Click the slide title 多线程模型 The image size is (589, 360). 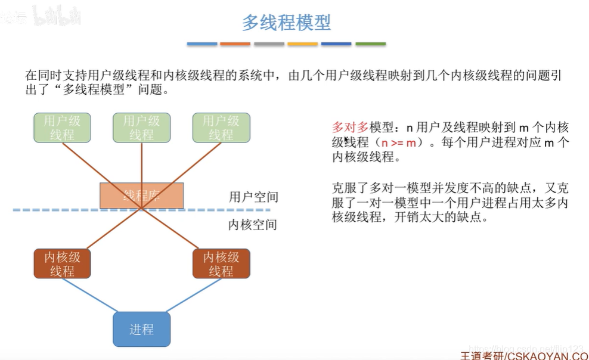pos(286,23)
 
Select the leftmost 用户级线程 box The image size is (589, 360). pos(62,128)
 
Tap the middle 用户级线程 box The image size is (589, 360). pos(141,128)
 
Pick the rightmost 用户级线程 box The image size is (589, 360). pos(221,128)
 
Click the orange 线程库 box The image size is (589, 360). pos(141,195)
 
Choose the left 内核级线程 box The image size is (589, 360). pos(62,264)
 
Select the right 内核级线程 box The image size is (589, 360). pos(221,264)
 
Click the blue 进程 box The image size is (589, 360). pos(141,329)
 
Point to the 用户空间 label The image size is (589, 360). pos(253,197)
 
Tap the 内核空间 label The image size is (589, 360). pos(253,225)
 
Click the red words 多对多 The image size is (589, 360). pos(351,127)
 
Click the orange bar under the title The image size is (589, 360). pos(235,44)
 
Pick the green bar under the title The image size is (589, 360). pos(370,44)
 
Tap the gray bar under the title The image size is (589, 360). pos(269,44)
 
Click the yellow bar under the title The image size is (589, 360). pos(302,44)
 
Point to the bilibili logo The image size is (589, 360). pos(57,15)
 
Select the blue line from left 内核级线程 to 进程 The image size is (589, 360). pos(90,296)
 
